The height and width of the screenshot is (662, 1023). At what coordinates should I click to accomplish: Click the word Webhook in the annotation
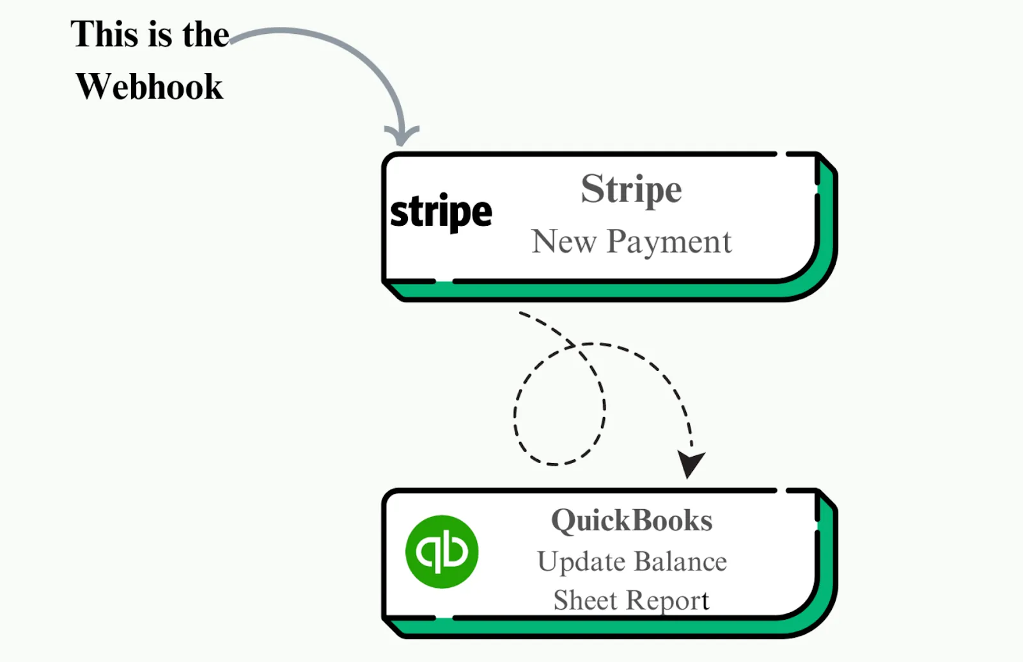click(150, 87)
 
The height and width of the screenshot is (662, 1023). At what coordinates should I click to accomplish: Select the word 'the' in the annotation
click(205, 35)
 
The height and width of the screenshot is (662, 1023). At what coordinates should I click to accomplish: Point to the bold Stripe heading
click(631, 189)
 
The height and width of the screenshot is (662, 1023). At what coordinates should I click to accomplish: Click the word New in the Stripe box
click(563, 242)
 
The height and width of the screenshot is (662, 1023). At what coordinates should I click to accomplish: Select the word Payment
click(669, 242)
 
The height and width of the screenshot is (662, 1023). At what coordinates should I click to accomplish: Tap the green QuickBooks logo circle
click(442, 551)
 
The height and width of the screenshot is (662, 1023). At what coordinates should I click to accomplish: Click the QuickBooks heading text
click(632, 521)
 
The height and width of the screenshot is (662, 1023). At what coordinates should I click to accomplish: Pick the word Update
click(581, 562)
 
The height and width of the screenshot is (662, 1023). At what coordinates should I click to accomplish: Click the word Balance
click(680, 562)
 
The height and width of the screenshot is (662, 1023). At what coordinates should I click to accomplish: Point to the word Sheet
click(585, 601)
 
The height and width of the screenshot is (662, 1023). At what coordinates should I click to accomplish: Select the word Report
click(668, 601)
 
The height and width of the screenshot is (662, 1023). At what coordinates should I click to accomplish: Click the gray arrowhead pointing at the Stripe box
click(402, 136)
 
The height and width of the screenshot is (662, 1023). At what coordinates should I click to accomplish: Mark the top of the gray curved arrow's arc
click(288, 29)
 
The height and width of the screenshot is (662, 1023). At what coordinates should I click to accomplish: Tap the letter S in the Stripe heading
click(592, 189)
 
